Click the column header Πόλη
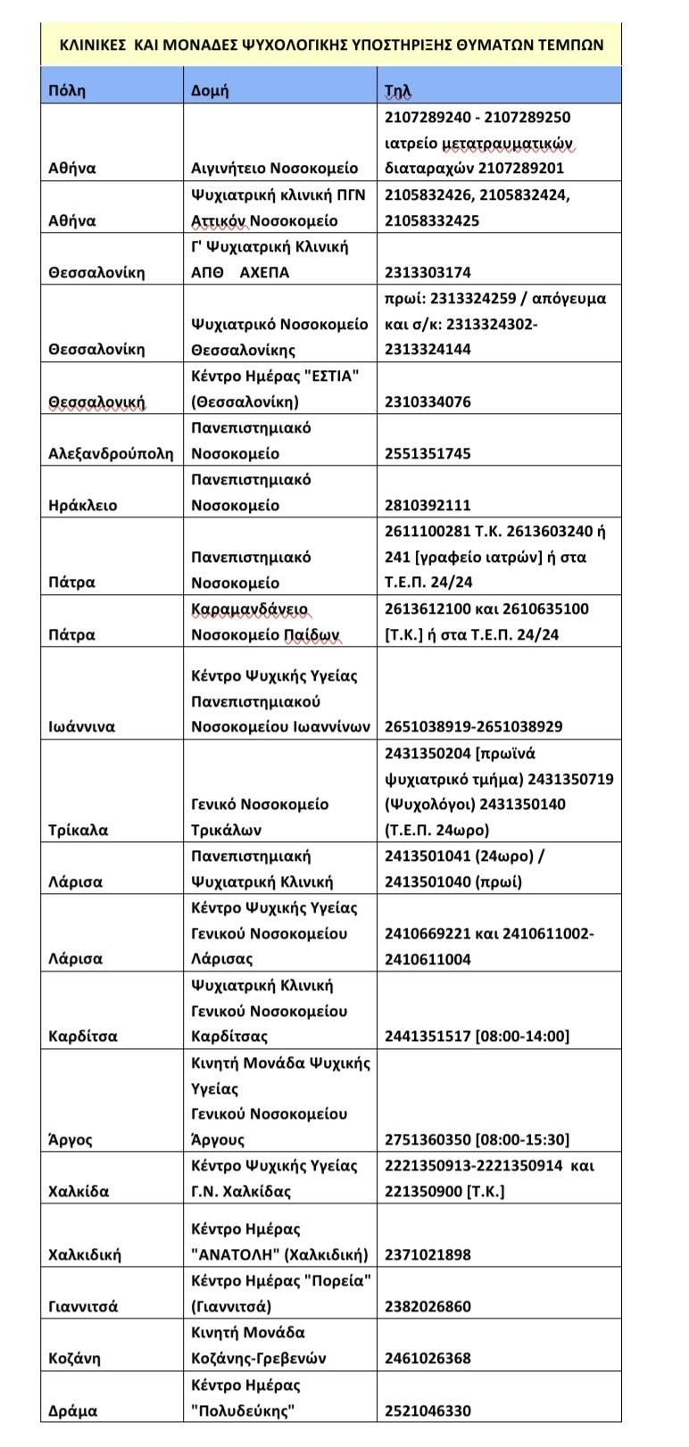click(67, 91)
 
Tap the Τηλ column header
click(398, 91)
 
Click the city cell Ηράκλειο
click(82, 505)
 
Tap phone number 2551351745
click(428, 453)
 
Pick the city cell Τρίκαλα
click(78, 830)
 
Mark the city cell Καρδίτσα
click(82, 1037)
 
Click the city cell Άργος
click(71, 1139)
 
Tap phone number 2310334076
click(428, 401)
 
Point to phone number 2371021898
click(428, 1254)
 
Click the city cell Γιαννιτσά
click(83, 1306)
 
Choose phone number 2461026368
click(428, 1359)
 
